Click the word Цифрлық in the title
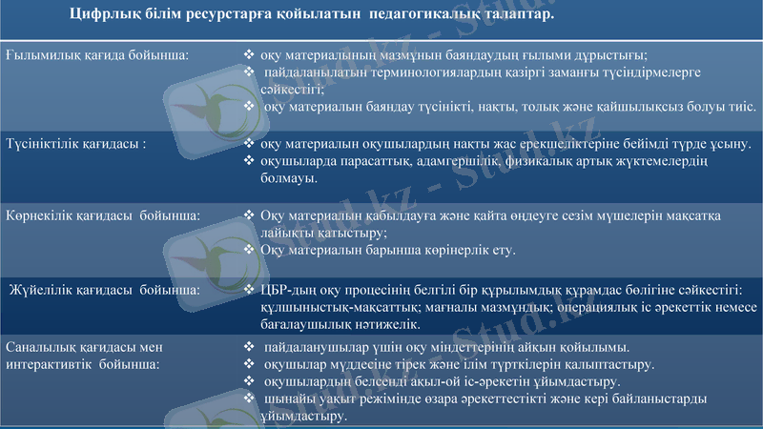103,17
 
